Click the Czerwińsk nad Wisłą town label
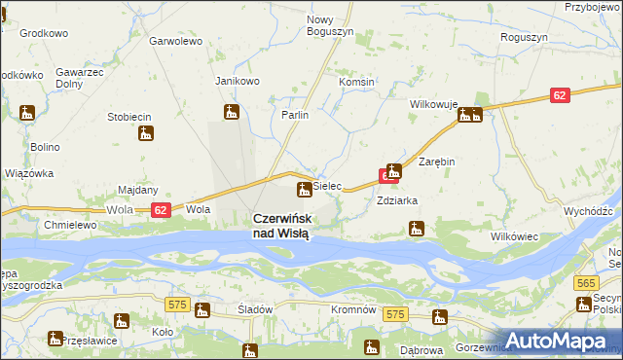[282, 227]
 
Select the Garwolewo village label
[175, 42]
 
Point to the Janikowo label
[238, 81]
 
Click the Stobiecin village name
[128, 117]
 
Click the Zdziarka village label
[397, 200]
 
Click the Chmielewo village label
[69, 225]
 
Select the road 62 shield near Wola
[162, 209]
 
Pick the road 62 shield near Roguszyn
[559, 95]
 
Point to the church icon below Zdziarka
[417, 230]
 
